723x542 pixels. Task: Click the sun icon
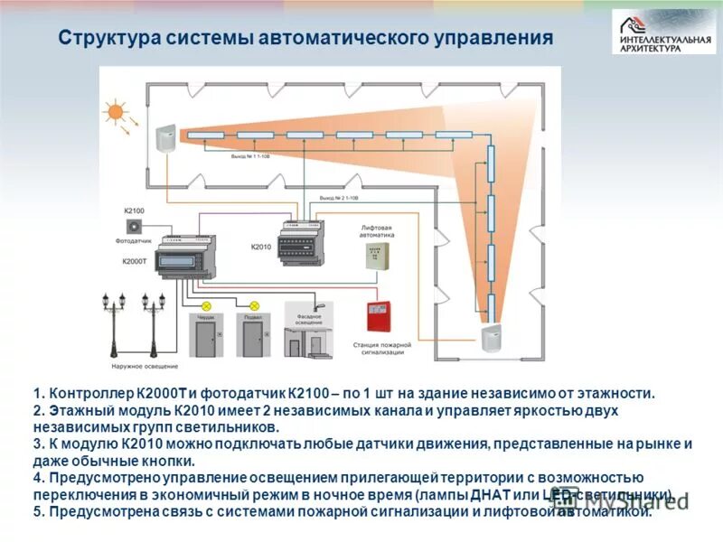click(115, 112)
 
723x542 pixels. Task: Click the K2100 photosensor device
click(135, 225)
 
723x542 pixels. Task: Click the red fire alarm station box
click(380, 316)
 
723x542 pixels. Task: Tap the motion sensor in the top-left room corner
click(165, 138)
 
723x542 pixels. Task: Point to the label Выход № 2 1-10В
click(340, 197)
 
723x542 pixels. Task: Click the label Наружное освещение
click(146, 366)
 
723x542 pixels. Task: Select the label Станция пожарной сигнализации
click(380, 349)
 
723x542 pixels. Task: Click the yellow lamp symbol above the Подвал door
click(254, 306)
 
